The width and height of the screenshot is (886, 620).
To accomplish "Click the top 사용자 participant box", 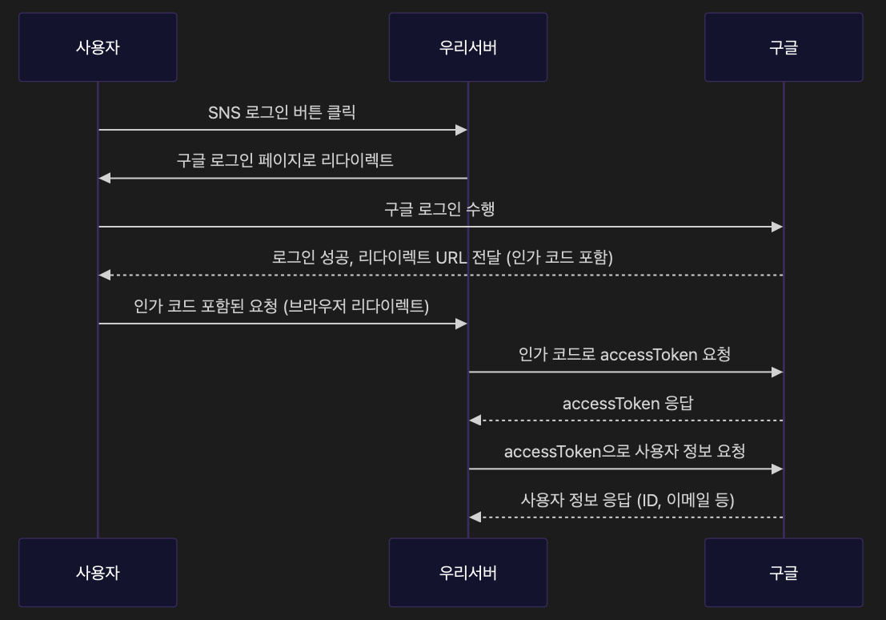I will (98, 46).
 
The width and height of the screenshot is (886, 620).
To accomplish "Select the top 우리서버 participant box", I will (468, 46).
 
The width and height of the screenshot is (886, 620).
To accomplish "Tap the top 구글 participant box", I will (784, 46).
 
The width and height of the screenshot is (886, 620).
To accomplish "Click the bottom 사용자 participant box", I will (98, 572).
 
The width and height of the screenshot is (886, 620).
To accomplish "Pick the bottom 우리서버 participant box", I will (468, 572).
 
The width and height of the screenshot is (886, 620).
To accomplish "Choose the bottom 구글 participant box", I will (784, 572).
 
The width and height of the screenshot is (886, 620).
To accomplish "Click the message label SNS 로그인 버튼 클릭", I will (282, 112).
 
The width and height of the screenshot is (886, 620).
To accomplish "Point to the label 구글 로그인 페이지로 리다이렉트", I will (285, 160).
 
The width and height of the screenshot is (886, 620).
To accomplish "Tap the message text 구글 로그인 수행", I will (439, 209).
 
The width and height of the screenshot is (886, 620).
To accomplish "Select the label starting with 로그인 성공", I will (443, 257).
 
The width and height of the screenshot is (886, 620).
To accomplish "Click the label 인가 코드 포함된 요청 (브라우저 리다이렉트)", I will (282, 306).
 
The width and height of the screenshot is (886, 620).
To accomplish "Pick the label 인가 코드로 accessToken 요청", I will (624, 354).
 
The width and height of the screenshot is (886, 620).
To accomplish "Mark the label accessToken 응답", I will (627, 403).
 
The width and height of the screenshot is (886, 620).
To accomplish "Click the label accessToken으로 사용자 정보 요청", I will (624, 451).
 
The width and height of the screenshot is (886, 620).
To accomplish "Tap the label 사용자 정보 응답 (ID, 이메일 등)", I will (627, 500).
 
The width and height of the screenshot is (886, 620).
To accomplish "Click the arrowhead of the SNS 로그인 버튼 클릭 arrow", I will (462, 130).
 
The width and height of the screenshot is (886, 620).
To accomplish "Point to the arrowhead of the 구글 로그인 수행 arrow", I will (777, 227).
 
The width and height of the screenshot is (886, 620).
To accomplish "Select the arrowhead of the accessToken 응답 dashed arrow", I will (475, 421).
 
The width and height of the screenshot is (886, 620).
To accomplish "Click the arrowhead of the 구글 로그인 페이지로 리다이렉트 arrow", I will (104, 178).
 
